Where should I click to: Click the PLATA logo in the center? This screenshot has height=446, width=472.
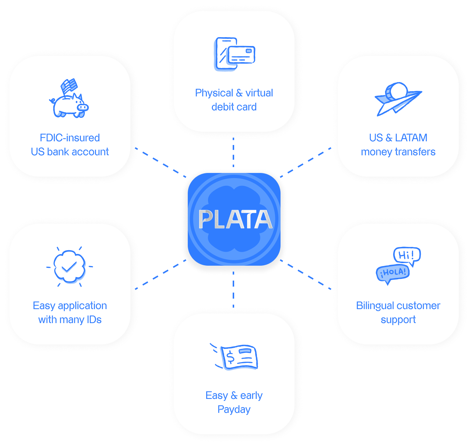[x=234, y=219]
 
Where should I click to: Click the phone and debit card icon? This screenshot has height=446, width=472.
[x=234, y=54]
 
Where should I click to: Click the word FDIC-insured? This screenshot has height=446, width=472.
[x=70, y=138]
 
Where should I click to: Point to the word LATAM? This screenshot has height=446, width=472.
[x=411, y=138]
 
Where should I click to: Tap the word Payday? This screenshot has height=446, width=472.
[x=234, y=410]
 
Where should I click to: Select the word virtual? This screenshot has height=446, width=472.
[x=259, y=93]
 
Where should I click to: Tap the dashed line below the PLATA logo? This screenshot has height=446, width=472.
[x=233, y=289]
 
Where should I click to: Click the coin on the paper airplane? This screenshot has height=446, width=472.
[x=396, y=91]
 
